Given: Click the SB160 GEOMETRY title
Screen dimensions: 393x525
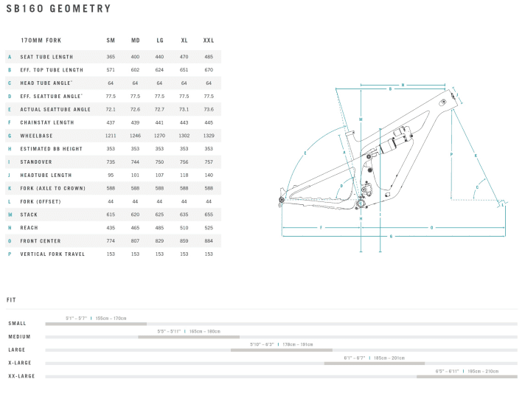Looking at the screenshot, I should (58, 10).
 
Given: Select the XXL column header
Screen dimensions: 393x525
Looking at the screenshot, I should (209, 40).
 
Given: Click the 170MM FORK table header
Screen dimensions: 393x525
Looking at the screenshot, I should (41, 40).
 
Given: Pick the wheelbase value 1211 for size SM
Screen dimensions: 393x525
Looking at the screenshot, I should (111, 136).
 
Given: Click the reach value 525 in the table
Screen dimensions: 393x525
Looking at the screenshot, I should (209, 228).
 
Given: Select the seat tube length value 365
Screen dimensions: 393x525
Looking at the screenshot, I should (111, 57).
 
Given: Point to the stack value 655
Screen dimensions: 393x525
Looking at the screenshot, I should (209, 215).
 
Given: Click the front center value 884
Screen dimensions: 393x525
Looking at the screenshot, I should (209, 241).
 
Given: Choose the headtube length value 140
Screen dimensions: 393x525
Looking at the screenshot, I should (209, 175).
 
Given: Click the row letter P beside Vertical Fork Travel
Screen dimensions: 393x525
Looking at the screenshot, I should (10, 254).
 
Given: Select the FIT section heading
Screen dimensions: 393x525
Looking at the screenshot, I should (12, 300).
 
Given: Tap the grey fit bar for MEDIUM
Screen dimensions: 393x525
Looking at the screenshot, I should (188, 337).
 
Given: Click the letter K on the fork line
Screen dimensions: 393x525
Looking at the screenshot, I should (476, 156).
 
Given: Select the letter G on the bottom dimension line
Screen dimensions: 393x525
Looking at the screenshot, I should (431, 227).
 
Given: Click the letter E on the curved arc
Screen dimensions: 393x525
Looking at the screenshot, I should (305, 153).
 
